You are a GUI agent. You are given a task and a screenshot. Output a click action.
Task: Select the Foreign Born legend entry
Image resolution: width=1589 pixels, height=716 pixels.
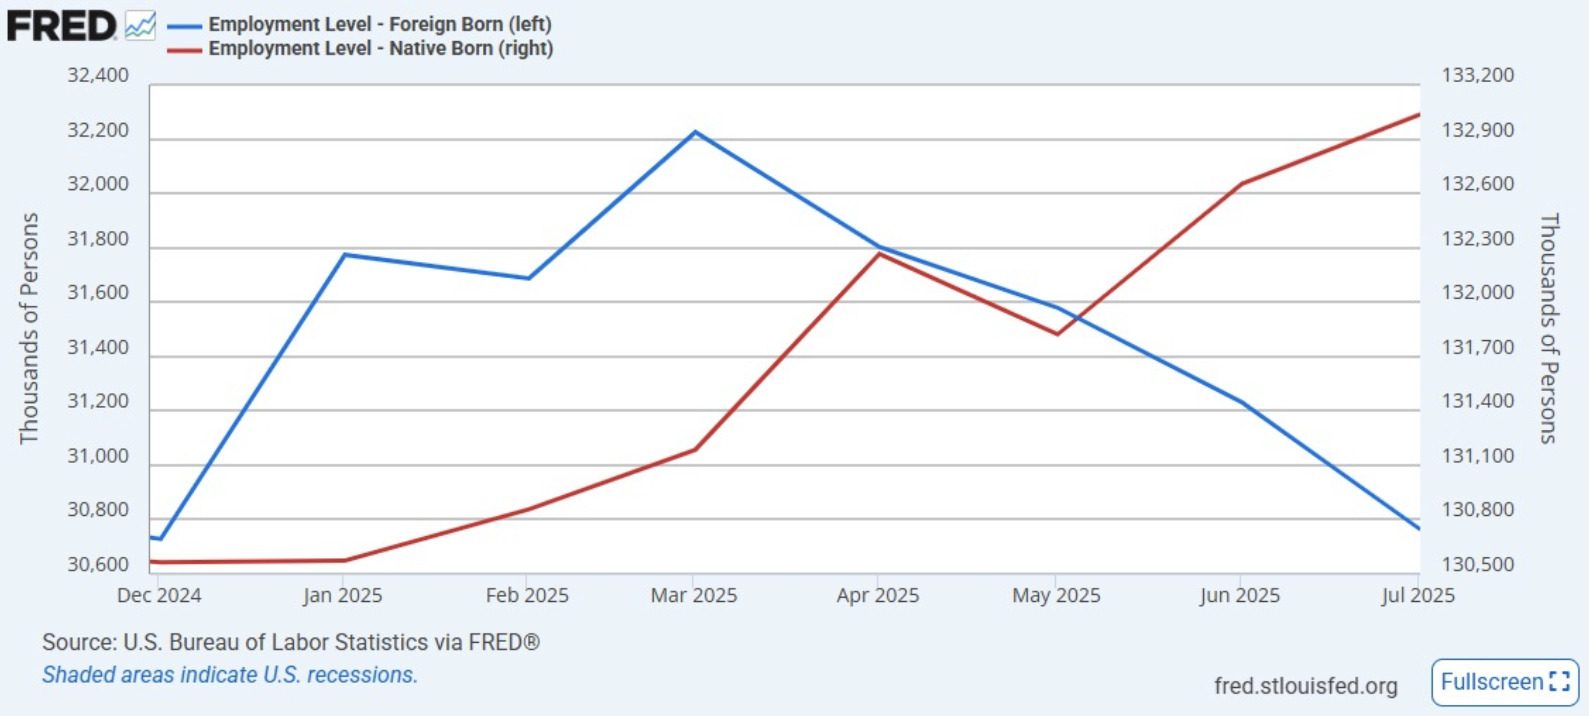pyautogui.click(x=379, y=24)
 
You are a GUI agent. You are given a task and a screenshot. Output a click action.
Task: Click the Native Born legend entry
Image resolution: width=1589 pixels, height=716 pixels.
pyautogui.click(x=380, y=48)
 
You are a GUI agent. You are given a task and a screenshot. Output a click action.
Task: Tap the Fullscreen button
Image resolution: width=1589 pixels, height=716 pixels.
pyautogui.click(x=1504, y=682)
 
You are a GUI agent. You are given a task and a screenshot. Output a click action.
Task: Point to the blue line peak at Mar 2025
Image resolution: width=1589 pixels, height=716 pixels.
pyautogui.click(x=695, y=132)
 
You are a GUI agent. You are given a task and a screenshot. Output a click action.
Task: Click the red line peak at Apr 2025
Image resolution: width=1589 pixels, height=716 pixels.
pyautogui.click(x=878, y=253)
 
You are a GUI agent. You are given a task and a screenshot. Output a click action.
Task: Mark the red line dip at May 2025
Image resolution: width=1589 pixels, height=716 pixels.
pyautogui.click(x=1057, y=334)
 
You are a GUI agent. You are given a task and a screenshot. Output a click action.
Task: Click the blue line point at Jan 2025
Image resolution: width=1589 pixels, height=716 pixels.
pyautogui.click(x=344, y=254)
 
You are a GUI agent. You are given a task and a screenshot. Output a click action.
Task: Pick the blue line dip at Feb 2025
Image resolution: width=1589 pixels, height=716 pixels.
pyautogui.click(x=528, y=278)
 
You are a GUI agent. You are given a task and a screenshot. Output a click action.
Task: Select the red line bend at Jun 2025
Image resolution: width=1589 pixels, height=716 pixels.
pyautogui.click(x=1241, y=183)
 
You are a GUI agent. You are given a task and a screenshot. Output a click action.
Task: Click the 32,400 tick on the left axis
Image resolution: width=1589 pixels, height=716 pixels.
pyautogui.click(x=98, y=75)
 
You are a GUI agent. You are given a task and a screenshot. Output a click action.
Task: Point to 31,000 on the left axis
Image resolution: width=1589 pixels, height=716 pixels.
pyautogui.click(x=98, y=456)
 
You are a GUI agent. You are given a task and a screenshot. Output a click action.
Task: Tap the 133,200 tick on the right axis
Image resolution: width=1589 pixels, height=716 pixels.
pyautogui.click(x=1477, y=75)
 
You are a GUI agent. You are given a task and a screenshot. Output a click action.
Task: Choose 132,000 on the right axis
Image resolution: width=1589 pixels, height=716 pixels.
pyautogui.click(x=1477, y=292)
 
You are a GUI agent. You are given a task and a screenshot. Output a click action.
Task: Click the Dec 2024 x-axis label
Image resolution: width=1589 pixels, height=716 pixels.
pyautogui.click(x=159, y=595)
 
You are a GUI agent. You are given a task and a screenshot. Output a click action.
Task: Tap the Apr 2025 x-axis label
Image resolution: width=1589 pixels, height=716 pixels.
pyautogui.click(x=878, y=595)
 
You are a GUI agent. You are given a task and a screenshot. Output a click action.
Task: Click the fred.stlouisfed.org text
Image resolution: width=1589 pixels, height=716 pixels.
pyautogui.click(x=1305, y=686)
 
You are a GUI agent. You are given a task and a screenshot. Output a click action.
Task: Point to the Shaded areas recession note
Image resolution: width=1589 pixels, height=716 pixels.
pyautogui.click(x=230, y=675)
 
